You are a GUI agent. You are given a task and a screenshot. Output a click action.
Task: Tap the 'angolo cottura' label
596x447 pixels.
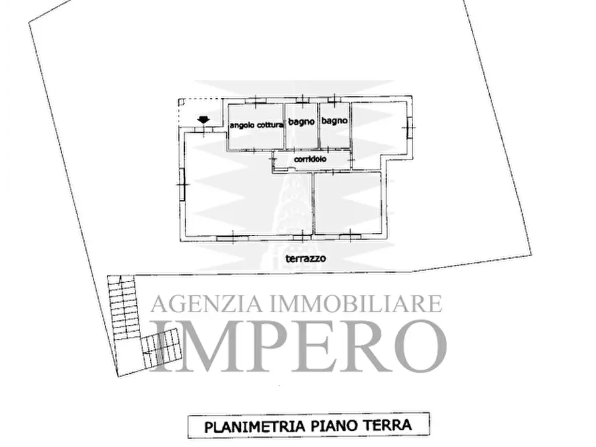pyautogui.click(x=256, y=125)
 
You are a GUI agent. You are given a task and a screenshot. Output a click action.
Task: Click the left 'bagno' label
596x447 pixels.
pyautogui.click(x=301, y=122)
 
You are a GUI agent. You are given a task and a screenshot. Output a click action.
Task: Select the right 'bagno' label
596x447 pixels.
pyautogui.click(x=334, y=121)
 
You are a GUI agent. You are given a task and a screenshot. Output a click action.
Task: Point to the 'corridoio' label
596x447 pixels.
pyautogui.click(x=310, y=159)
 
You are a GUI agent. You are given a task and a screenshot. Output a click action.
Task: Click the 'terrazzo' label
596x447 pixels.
pyautogui.click(x=305, y=258)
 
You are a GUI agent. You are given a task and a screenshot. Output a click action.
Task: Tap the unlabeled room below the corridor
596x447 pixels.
pyautogui.click(x=348, y=203)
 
